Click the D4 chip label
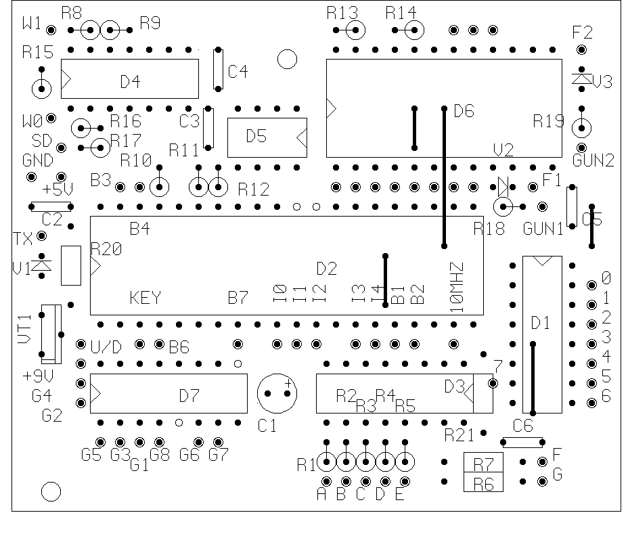(130, 82)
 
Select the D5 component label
(256, 136)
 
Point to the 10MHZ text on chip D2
(457, 287)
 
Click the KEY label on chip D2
(145, 298)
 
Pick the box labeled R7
(483, 465)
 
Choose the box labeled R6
(483, 483)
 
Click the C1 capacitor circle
(277, 394)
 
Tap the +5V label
(58, 189)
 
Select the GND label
(38, 160)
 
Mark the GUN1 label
(543, 229)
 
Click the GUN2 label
(593, 161)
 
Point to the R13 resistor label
(342, 12)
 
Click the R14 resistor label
(401, 12)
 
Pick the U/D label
(106, 347)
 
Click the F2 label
(582, 32)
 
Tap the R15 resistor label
(37, 53)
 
